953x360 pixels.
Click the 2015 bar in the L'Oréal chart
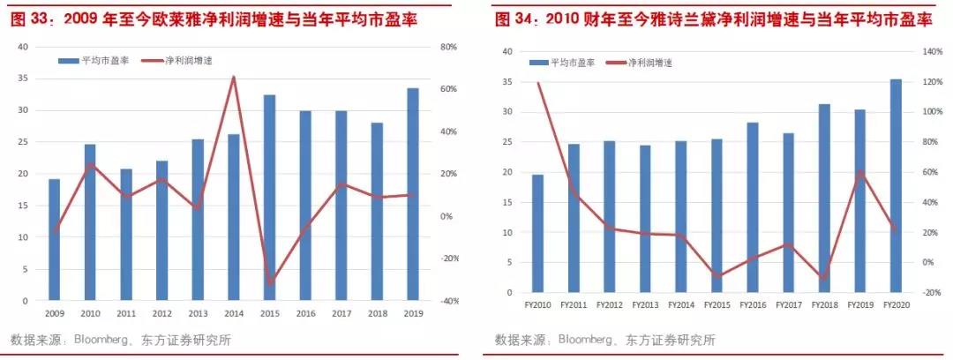tap(269, 198)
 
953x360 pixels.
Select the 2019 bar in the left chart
tap(412, 194)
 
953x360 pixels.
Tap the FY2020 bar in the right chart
tap(896, 185)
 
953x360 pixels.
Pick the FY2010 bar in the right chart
tap(537, 233)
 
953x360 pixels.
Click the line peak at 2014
tap(234, 77)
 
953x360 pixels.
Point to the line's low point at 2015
tap(269, 283)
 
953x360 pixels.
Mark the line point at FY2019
tap(860, 171)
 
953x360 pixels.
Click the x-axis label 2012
tap(161, 313)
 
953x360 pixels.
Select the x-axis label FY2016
tap(753, 305)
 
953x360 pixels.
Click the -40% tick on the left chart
tap(448, 301)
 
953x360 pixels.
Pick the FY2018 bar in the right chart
tap(824, 198)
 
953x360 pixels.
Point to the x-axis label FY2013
tap(645, 305)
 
